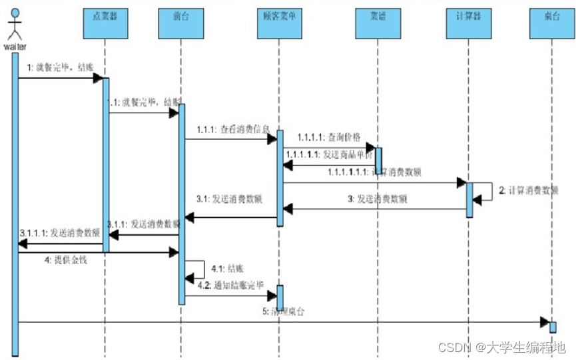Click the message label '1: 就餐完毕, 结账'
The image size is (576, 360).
pyautogui.click(x=61, y=68)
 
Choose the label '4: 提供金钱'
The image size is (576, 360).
pyautogui.click(x=66, y=260)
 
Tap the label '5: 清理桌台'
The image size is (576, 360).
pyautogui.click(x=288, y=311)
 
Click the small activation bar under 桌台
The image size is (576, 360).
pyautogui.click(x=553, y=327)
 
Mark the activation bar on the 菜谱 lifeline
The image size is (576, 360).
pyautogui.click(x=378, y=159)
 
